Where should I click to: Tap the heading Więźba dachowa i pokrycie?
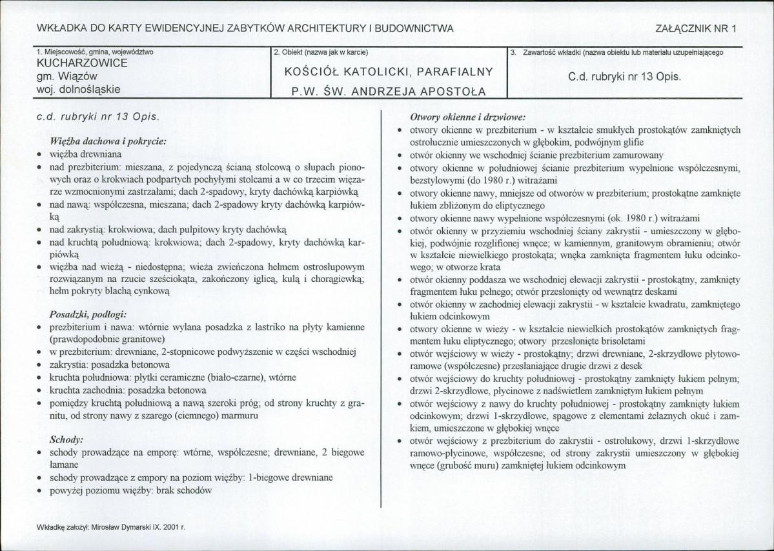[x=108, y=140]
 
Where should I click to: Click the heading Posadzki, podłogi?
[x=87, y=315]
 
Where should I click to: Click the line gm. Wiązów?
[x=67, y=77]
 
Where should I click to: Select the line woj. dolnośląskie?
[x=79, y=90]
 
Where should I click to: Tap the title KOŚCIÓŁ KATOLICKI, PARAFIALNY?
[x=389, y=72]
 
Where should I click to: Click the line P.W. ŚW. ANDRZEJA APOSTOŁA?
[x=389, y=91]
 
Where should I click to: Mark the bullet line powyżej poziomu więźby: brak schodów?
[x=131, y=490]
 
